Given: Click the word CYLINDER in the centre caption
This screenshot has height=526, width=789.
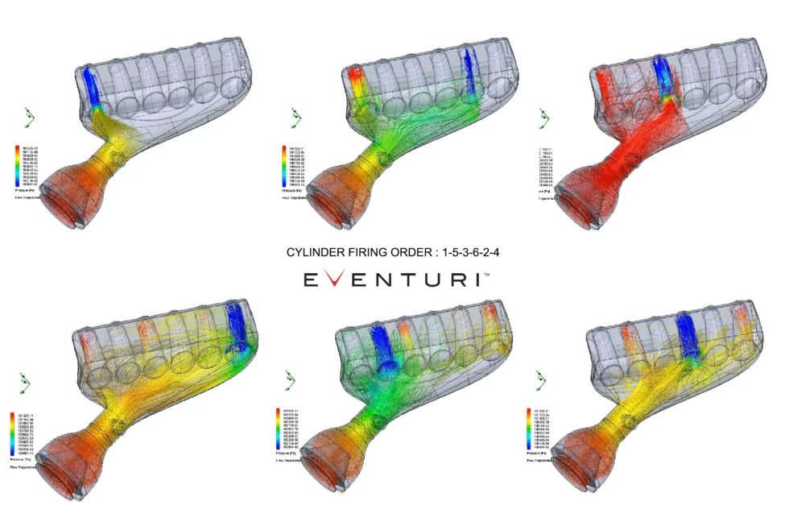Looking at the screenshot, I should [x=313, y=252].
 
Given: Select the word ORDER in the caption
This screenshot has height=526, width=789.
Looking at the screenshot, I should [x=409, y=252].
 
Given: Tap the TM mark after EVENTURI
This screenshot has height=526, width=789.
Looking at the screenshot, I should [x=485, y=275].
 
